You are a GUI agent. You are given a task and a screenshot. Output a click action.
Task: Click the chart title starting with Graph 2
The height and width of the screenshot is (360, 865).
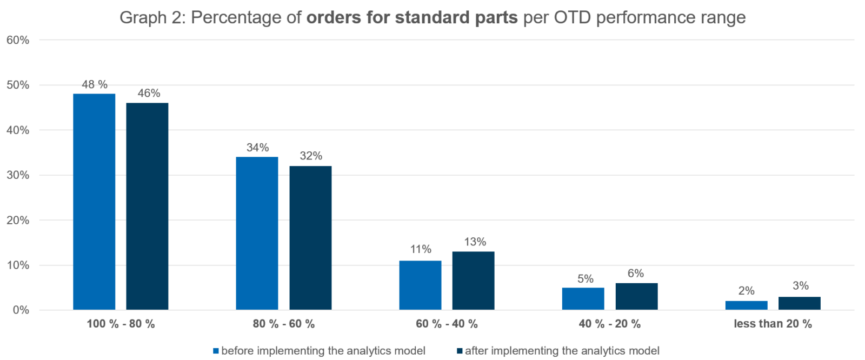(432, 18)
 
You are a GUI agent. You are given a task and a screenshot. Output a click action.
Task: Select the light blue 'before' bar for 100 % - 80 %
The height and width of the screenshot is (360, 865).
(94, 201)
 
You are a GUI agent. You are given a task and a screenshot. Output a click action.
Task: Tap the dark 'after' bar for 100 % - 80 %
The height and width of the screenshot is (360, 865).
(147, 206)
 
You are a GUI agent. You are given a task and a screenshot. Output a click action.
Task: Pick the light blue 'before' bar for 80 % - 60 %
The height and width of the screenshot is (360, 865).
(257, 233)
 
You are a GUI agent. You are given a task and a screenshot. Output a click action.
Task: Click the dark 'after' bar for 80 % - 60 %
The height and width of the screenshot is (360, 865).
(310, 237)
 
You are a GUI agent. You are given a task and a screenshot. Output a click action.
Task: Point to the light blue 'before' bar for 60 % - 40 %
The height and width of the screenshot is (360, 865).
(420, 285)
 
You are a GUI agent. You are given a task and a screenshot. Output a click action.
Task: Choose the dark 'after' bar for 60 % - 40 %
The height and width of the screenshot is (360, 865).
(473, 281)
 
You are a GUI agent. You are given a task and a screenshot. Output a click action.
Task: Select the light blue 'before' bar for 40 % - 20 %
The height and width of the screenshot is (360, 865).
(583, 298)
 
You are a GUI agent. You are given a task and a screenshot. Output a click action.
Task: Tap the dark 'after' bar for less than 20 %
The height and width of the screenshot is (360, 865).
(800, 303)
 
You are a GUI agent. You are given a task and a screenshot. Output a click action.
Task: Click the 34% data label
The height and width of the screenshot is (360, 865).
(257, 148)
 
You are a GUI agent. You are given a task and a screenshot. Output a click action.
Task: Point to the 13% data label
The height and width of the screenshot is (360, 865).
(475, 242)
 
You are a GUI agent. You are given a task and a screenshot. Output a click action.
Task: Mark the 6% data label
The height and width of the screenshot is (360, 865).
(636, 274)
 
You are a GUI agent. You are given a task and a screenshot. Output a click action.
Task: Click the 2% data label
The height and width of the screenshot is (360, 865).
(746, 291)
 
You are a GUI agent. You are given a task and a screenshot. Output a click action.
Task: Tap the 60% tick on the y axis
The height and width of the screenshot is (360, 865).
(17, 40)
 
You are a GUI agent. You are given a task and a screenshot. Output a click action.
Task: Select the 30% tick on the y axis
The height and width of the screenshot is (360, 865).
(17, 175)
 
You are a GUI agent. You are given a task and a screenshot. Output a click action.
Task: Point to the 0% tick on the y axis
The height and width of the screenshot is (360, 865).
(20, 310)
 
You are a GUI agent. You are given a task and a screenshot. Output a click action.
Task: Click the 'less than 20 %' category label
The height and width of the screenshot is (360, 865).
(773, 324)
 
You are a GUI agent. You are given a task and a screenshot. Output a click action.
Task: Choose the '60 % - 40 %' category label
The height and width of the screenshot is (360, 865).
(447, 324)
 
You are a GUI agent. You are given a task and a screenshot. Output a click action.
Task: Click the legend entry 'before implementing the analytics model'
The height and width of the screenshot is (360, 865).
(323, 351)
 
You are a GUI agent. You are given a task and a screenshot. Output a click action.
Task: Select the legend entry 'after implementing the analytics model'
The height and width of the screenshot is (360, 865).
(562, 351)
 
